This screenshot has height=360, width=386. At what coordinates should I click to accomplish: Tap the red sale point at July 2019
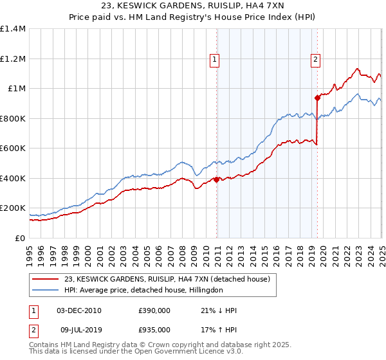(317, 98)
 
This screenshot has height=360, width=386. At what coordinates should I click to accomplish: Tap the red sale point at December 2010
(216, 179)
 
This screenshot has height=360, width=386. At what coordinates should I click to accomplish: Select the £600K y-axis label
(12, 148)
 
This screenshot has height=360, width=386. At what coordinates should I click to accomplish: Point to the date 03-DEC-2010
(79, 310)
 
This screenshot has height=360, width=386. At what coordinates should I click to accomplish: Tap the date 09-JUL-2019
(79, 330)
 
